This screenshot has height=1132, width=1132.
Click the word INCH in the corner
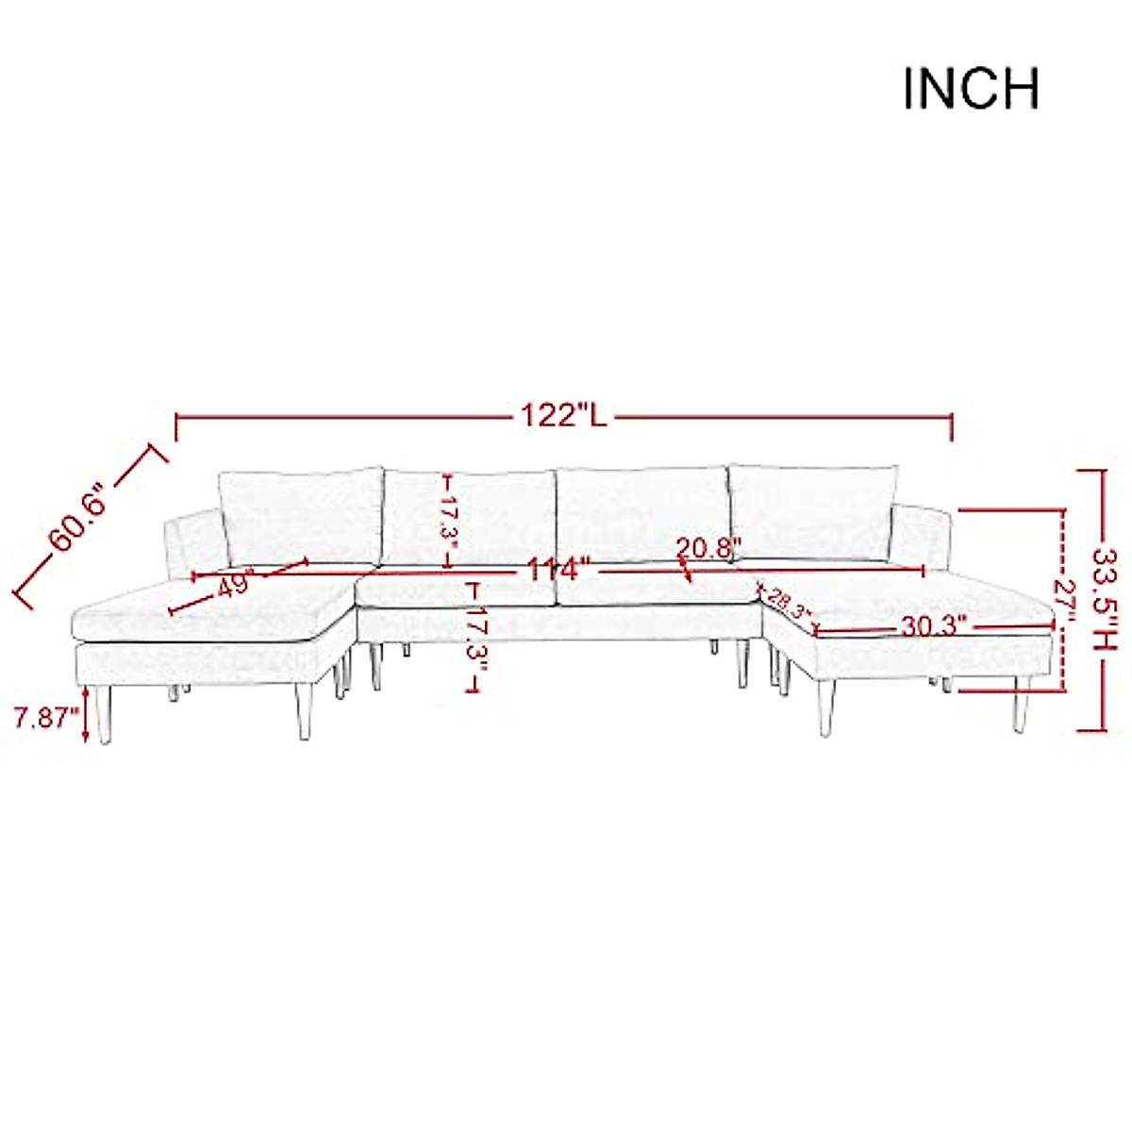pos(971,90)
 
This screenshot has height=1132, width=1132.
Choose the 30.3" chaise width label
pos(934,626)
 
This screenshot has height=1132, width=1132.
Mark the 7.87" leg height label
pos(47,719)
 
